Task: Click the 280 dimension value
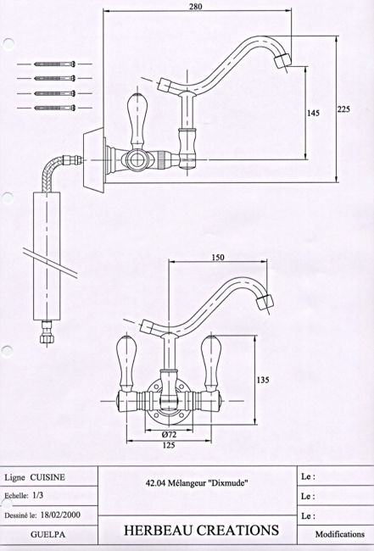[x=195, y=6]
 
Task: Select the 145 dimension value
[x=313, y=113]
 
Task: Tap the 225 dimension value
[x=343, y=109]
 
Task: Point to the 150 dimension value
[x=218, y=257]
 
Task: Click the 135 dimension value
[x=263, y=380]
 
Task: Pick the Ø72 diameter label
[x=169, y=434]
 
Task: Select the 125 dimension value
[x=169, y=445]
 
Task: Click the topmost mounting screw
[x=55, y=64]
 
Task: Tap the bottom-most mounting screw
[x=55, y=108]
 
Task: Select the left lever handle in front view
[x=126, y=364]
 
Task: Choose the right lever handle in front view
[x=211, y=364]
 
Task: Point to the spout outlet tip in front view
[x=265, y=303]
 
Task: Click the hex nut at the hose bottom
[x=46, y=339]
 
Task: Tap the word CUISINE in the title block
[x=47, y=477]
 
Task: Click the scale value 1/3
[x=38, y=496]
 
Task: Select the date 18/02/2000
[x=60, y=515]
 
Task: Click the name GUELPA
[x=47, y=535]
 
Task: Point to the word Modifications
[x=340, y=534]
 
